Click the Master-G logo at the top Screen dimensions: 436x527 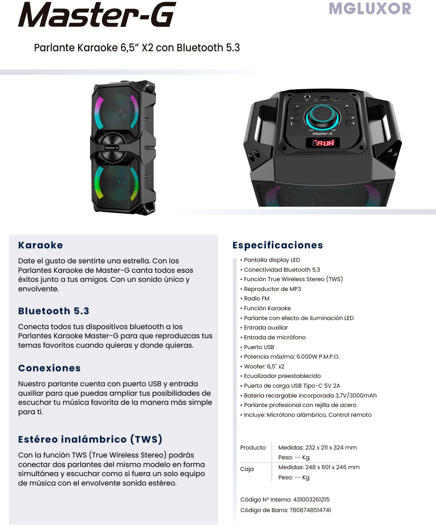[x=97, y=15]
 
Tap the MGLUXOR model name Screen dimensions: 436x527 [x=370, y=9]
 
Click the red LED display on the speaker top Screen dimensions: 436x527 [x=323, y=143]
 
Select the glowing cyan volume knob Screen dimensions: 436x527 [x=322, y=117]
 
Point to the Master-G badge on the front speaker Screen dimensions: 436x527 [x=112, y=148]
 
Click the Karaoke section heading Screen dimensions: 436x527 [x=41, y=245]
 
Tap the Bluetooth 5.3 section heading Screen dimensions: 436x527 [x=54, y=311]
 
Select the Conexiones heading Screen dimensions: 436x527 [x=49, y=368]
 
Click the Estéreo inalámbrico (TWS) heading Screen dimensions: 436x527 [x=90, y=439]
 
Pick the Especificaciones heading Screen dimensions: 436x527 [x=278, y=245]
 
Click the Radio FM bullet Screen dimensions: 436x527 [x=255, y=299]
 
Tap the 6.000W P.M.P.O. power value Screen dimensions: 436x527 [x=318, y=357]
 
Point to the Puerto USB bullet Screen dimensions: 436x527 [x=258, y=347]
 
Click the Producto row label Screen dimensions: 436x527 [x=253, y=447]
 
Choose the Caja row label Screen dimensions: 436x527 [x=247, y=469]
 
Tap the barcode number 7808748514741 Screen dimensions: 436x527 [x=310, y=510]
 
